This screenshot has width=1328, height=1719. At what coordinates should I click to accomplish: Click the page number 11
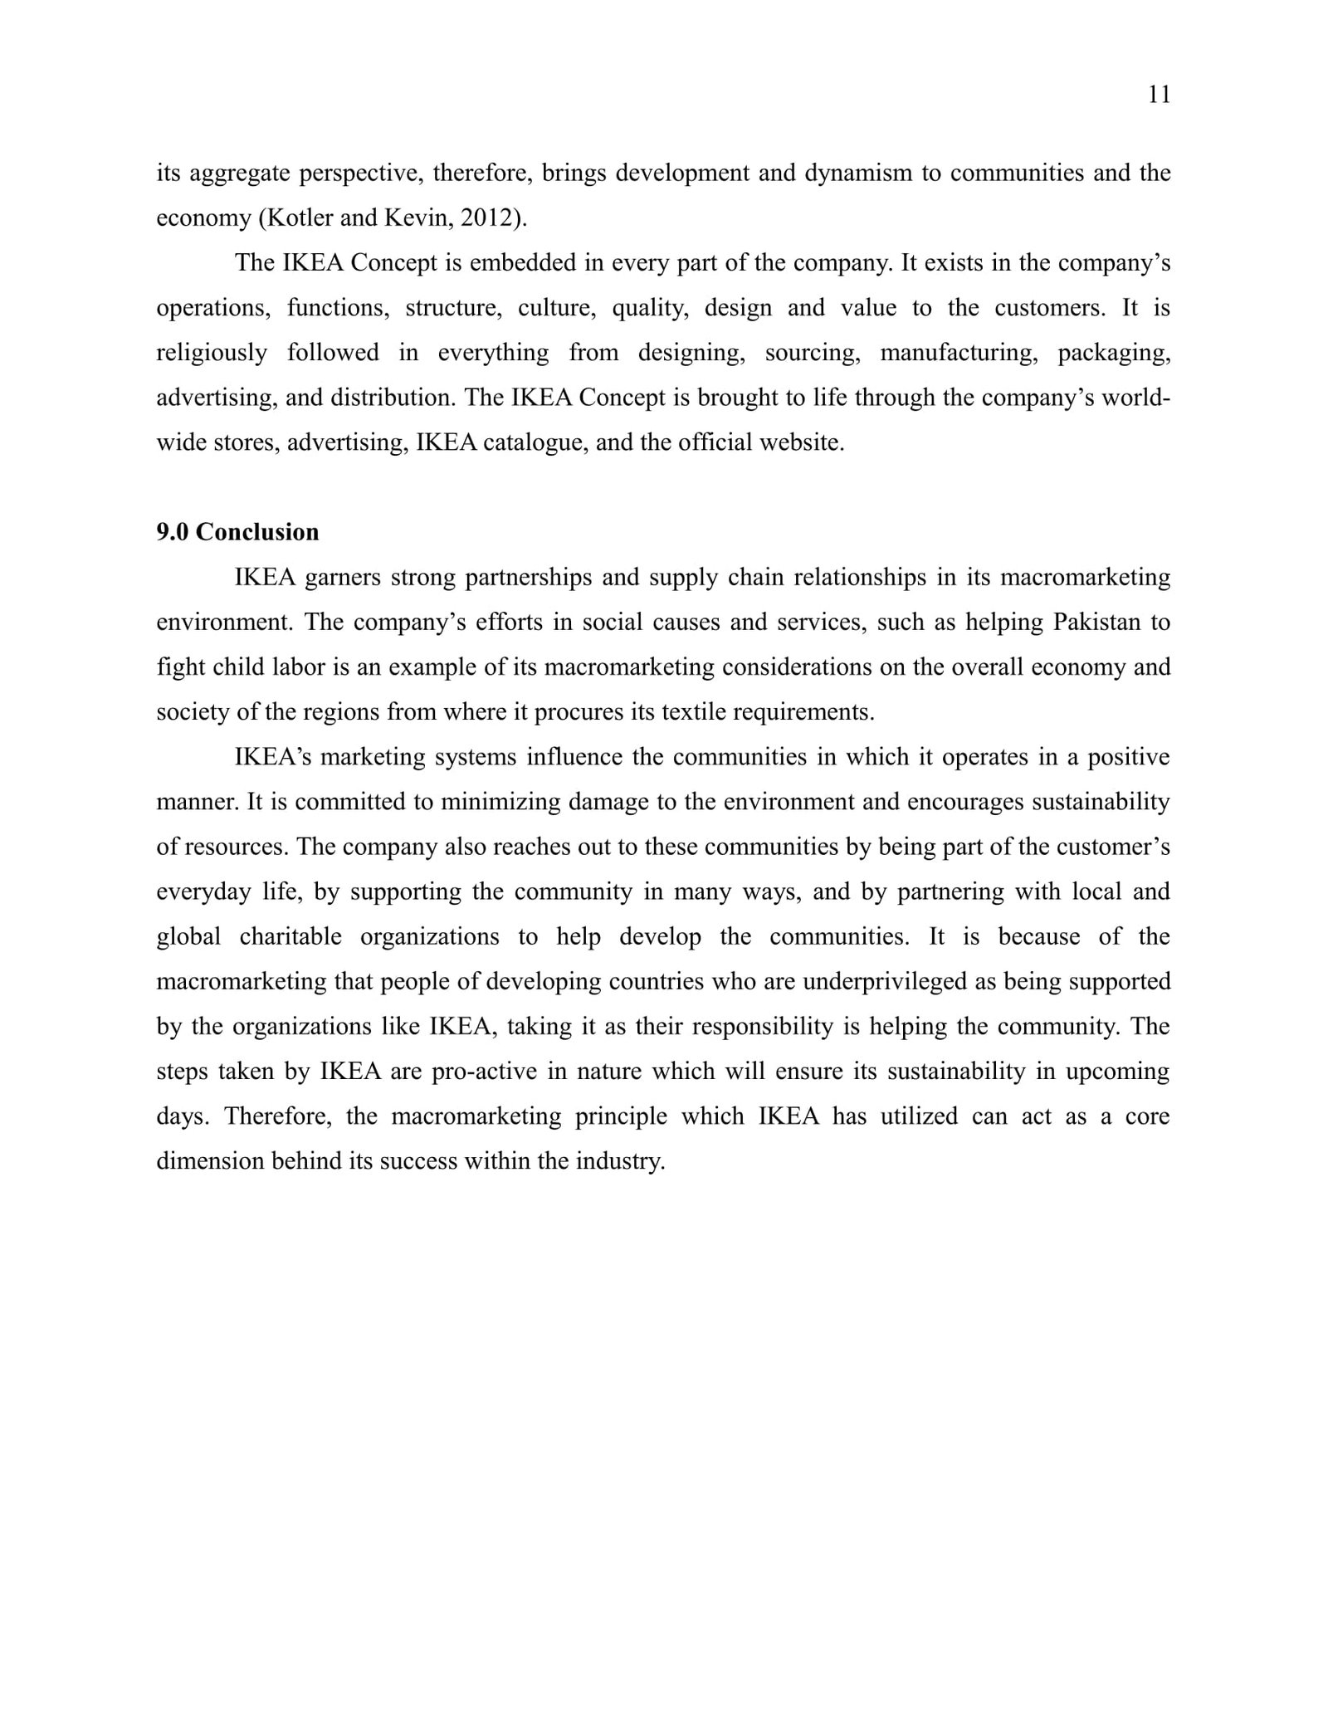(x=1159, y=95)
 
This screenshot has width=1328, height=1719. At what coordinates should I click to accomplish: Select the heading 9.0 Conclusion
(x=237, y=532)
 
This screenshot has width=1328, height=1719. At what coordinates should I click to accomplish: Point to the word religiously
(x=212, y=353)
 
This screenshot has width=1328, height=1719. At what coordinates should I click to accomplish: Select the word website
(x=801, y=442)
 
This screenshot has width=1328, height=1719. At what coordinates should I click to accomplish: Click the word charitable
(x=290, y=936)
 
